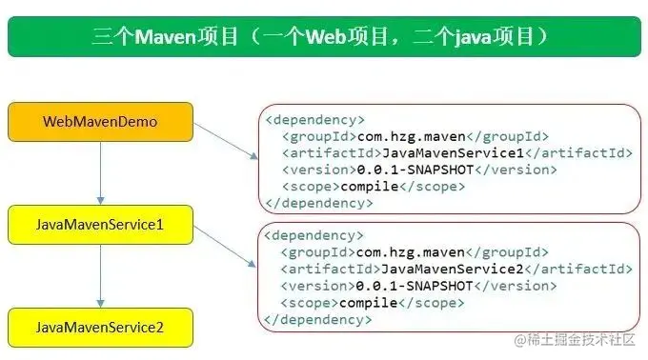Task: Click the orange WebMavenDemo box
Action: [x=100, y=122]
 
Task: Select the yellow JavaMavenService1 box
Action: [x=100, y=225]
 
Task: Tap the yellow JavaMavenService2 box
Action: [x=100, y=327]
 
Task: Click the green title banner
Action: [x=323, y=37]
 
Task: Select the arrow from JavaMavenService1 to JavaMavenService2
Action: [x=100, y=276]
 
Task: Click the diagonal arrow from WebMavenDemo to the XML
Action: [x=225, y=139]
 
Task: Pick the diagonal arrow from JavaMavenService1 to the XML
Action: [x=225, y=245]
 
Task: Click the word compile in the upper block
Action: [x=368, y=186]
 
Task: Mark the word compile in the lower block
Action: [x=368, y=303]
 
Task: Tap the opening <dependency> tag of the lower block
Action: [x=314, y=234]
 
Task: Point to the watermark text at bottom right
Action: [x=579, y=340]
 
